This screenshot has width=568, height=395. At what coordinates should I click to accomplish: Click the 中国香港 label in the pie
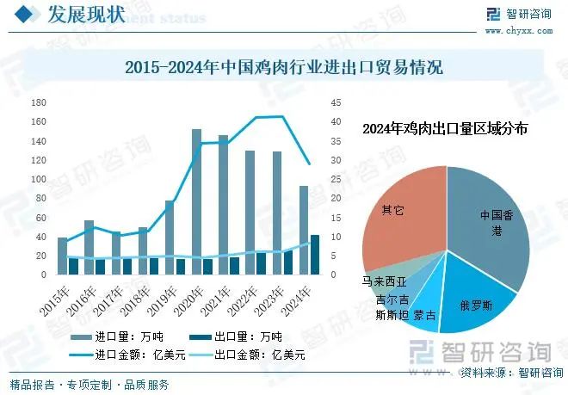pos(497,223)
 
